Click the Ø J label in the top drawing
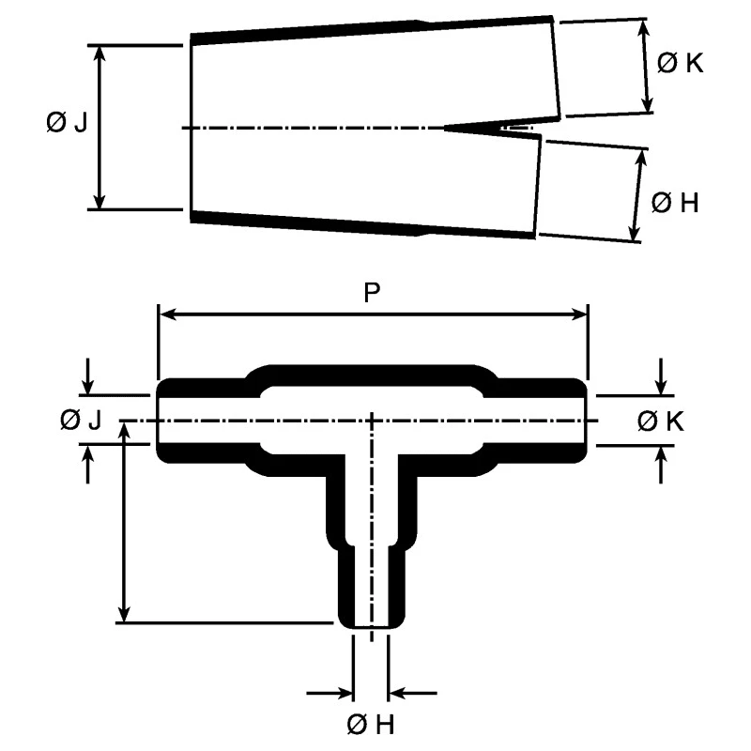click(x=67, y=123)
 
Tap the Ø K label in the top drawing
click(x=680, y=63)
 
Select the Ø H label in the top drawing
click(x=675, y=203)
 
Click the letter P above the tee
click(x=372, y=292)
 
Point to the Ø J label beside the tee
click(x=81, y=420)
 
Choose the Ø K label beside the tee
click(x=661, y=421)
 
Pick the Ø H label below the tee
click(x=370, y=724)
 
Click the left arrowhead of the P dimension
click(x=166, y=314)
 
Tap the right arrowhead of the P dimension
click(x=578, y=314)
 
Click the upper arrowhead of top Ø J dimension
click(x=100, y=54)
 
